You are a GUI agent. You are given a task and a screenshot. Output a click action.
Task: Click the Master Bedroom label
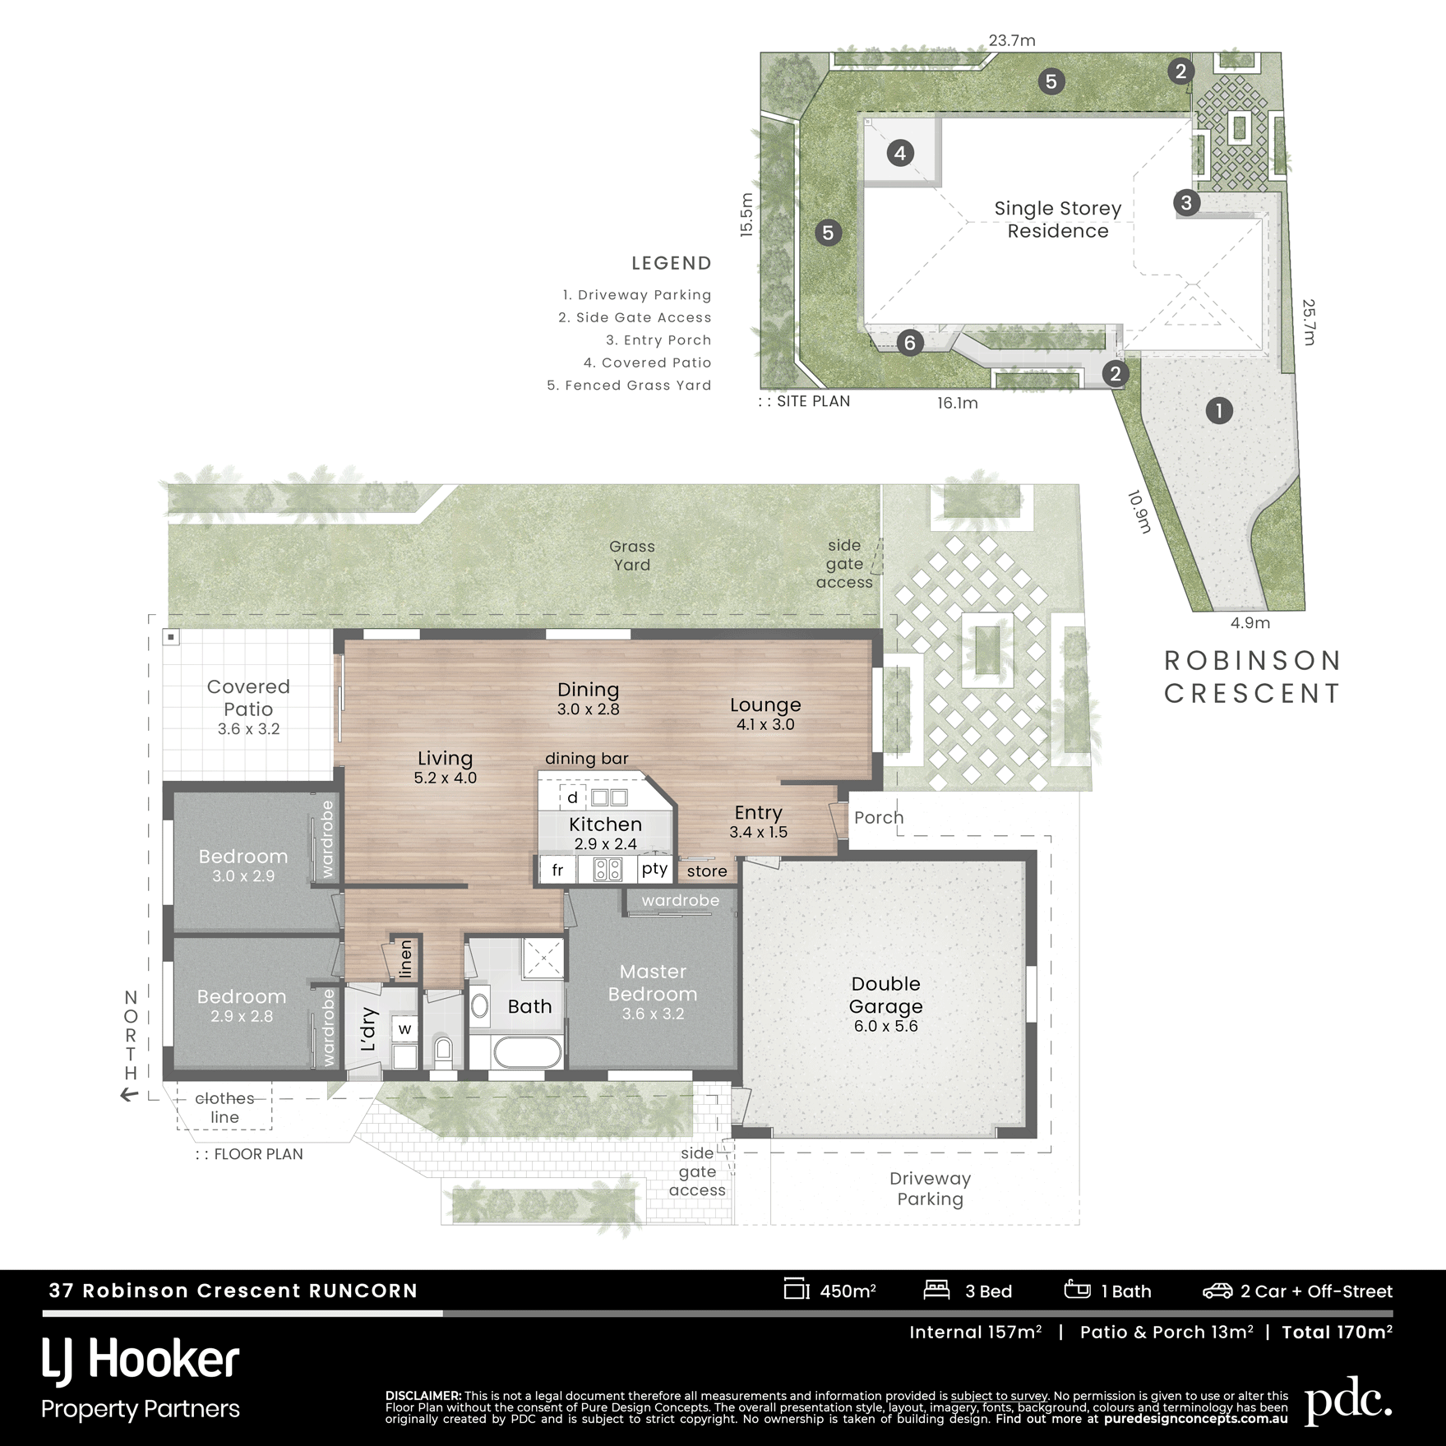[x=653, y=982]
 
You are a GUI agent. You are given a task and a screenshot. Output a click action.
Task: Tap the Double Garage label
[x=885, y=995]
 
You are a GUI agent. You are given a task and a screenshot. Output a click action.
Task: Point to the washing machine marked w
[x=404, y=1028]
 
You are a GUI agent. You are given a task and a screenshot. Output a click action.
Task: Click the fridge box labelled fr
[x=558, y=870]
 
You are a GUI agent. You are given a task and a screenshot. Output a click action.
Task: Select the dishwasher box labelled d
[x=573, y=797]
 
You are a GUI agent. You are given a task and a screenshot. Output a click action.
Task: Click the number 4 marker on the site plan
[x=900, y=153]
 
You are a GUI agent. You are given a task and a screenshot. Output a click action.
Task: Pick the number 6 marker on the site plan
[x=909, y=343]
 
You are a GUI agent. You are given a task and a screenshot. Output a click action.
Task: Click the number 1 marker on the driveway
[x=1219, y=410]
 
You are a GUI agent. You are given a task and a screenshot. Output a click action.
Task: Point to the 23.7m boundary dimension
[x=1012, y=40]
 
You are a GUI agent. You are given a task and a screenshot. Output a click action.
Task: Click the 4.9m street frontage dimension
[x=1250, y=623]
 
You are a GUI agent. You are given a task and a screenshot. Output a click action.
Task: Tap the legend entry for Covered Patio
[x=647, y=363]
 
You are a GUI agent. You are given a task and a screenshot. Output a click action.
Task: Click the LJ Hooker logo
[x=141, y=1361]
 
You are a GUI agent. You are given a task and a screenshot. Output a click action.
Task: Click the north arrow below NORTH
[x=129, y=1095]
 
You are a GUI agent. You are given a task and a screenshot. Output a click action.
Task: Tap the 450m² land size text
[x=848, y=1291]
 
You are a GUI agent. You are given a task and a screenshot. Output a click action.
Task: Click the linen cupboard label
[x=405, y=959]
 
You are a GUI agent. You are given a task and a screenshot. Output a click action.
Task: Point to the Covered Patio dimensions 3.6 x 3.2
[x=248, y=729]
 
